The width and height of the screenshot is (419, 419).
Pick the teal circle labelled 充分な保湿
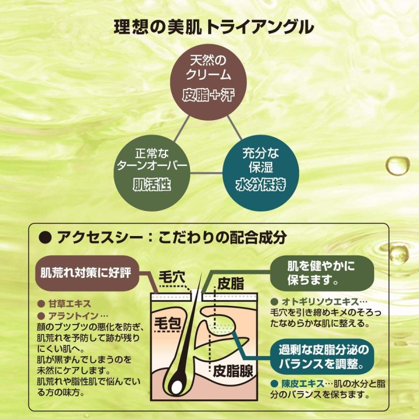coord(260,173)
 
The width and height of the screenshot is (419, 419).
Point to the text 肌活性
coord(152,185)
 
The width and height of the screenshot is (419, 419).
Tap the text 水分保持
coord(260,185)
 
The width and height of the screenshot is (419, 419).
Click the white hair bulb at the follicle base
coord(177,386)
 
